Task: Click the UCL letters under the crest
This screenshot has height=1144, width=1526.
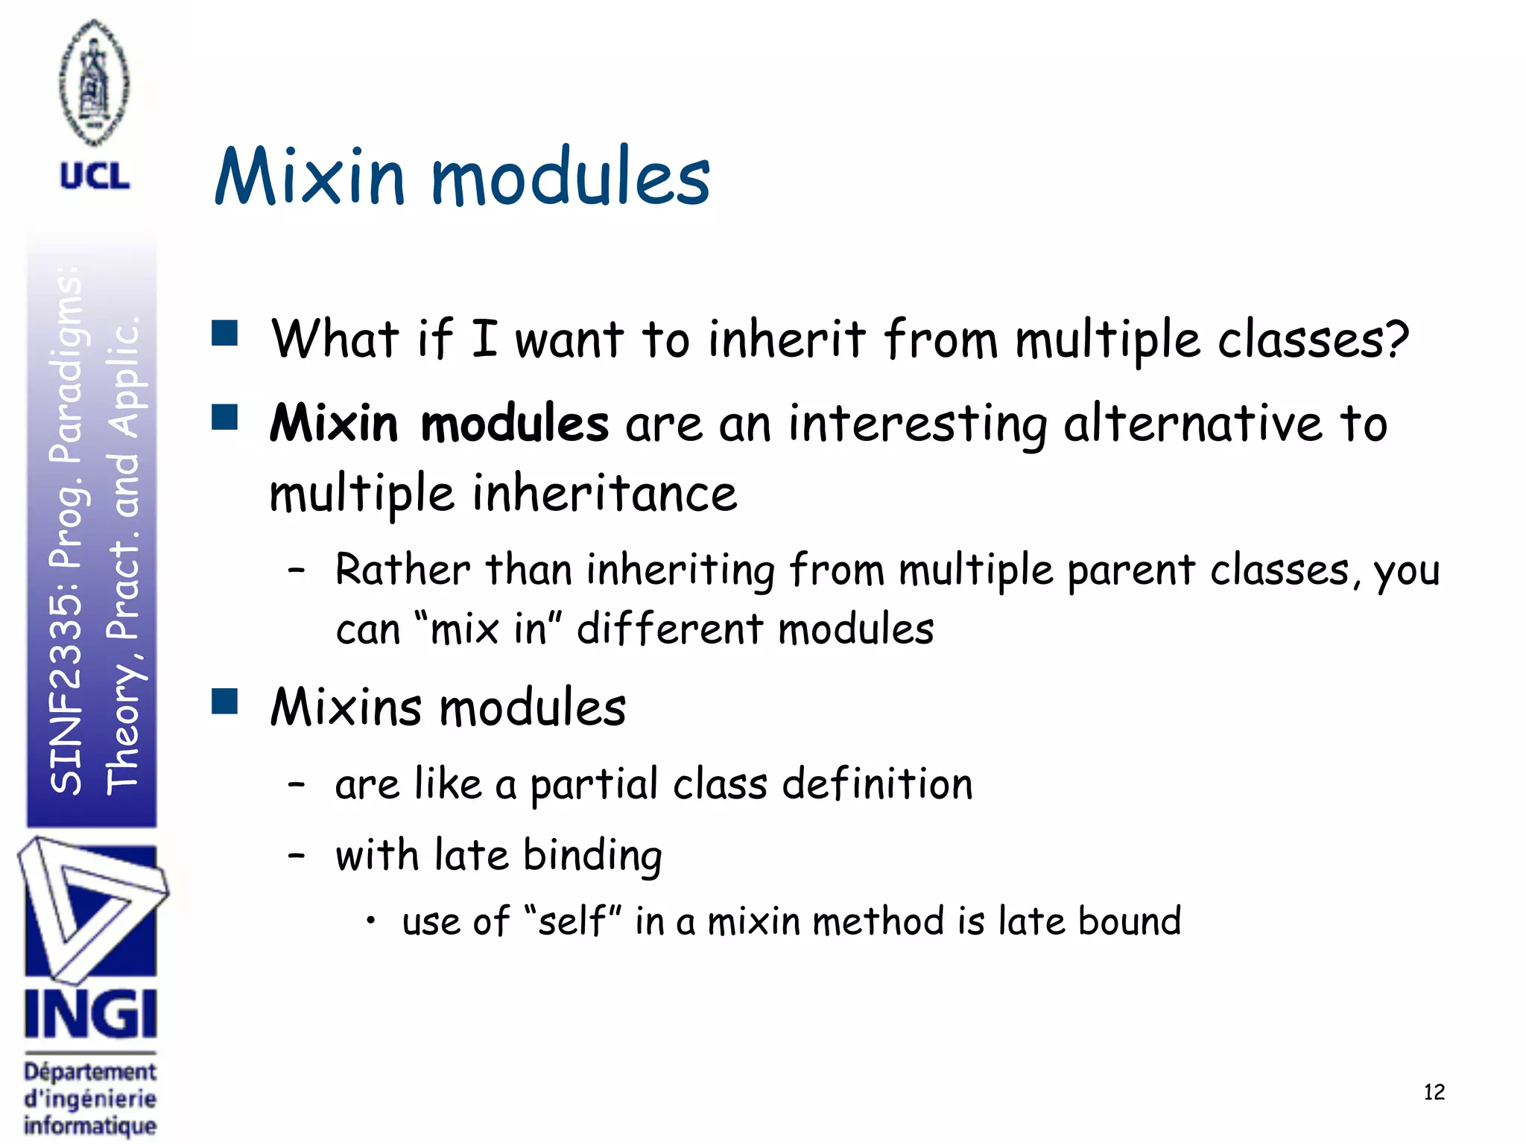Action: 95,177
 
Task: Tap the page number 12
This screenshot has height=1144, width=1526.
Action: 1434,1092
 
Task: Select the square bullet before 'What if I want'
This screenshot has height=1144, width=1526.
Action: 224,334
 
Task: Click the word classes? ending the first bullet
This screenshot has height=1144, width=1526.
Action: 1313,340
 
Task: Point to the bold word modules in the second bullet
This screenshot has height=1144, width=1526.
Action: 515,423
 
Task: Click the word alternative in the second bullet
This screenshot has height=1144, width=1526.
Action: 1192,423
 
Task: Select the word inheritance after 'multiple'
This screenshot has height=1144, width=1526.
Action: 605,493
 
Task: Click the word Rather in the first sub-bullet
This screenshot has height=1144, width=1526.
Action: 402,570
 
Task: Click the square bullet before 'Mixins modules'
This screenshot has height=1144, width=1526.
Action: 224,701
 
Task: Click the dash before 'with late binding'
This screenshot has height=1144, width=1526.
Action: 297,856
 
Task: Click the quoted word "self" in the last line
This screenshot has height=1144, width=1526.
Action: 572,921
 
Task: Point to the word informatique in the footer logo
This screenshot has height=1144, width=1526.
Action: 90,1125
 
